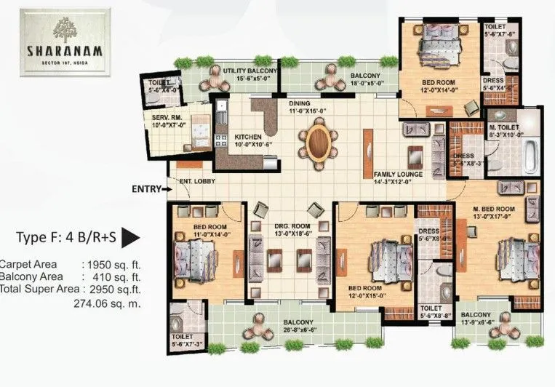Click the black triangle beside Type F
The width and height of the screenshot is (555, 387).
130,237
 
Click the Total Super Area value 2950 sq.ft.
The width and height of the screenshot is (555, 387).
114,290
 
